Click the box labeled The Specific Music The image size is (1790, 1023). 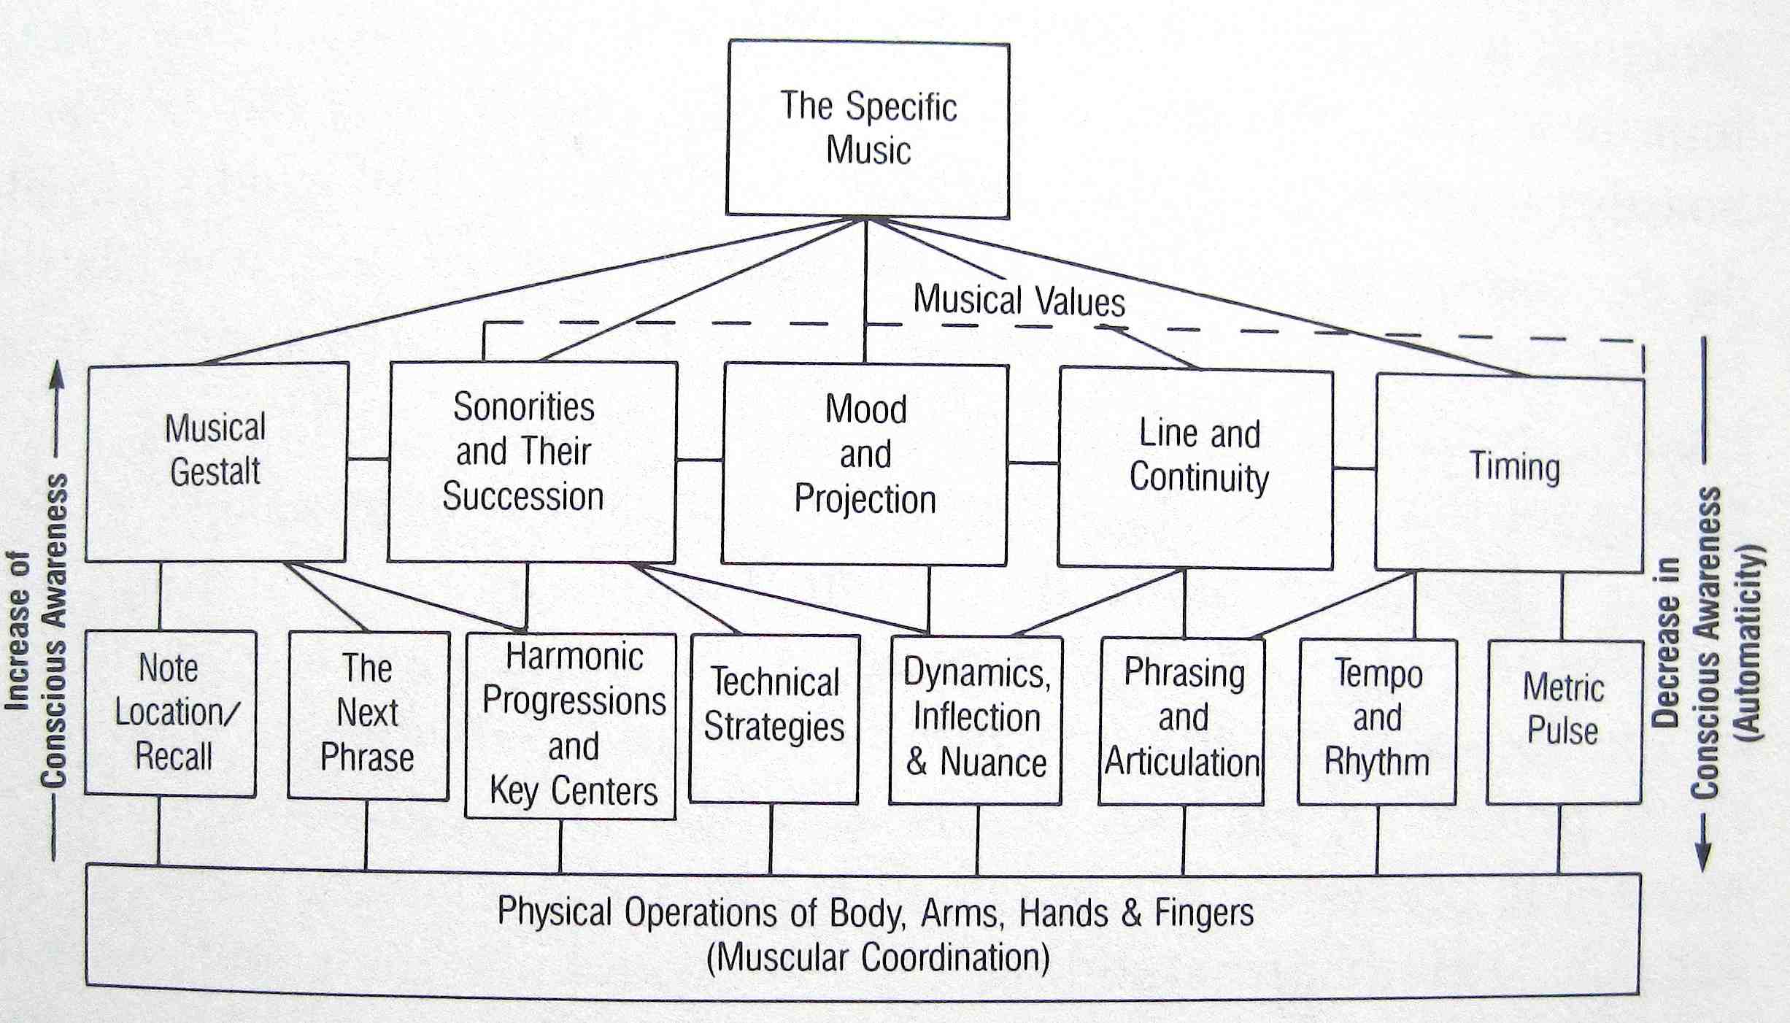(x=868, y=129)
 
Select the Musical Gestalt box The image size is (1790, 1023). (x=216, y=463)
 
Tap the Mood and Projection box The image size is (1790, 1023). (x=865, y=464)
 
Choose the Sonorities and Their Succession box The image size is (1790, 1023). (x=532, y=462)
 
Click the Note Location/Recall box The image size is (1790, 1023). (x=171, y=713)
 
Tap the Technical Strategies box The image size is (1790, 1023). (x=774, y=719)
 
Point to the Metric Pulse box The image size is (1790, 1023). (x=1564, y=722)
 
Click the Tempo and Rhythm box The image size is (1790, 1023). (x=1377, y=722)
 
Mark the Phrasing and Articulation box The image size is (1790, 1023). (x=1181, y=721)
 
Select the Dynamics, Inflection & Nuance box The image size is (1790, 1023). (x=976, y=720)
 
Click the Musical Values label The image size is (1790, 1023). (x=1019, y=301)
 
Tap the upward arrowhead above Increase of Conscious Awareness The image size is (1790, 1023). (x=58, y=374)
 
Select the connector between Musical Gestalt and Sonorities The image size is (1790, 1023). (x=368, y=459)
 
